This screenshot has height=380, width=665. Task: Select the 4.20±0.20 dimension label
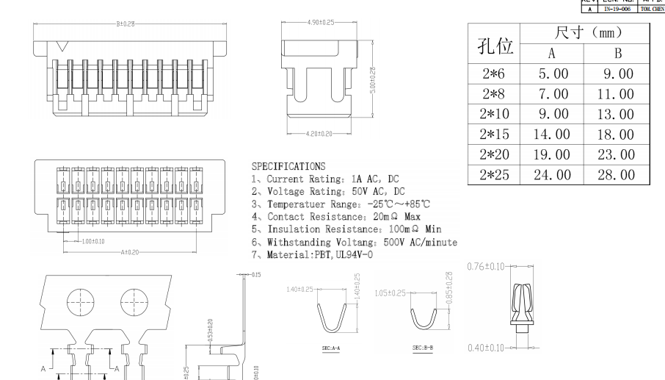(x=317, y=135)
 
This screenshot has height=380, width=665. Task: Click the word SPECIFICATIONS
(x=288, y=167)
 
